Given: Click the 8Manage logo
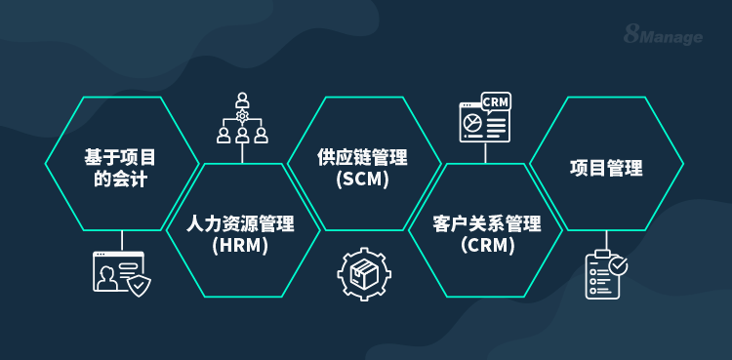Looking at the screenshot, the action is tap(663, 36).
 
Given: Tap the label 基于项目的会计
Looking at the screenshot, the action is tap(121, 167).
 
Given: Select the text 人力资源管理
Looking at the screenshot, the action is tap(241, 224).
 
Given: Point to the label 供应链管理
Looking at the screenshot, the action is tap(362, 158).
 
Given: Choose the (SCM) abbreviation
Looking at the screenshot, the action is tap(362, 180).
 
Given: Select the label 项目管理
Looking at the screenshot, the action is tap(606, 168).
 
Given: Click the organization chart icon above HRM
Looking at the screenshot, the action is tap(242, 118).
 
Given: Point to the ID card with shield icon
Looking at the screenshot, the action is tap(121, 273).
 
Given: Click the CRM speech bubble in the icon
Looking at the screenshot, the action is tap(496, 102).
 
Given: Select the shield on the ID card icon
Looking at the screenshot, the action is tap(141, 285).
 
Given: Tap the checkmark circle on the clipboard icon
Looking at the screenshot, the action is tap(618, 264).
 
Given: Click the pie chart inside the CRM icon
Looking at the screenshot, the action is tap(473, 124).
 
